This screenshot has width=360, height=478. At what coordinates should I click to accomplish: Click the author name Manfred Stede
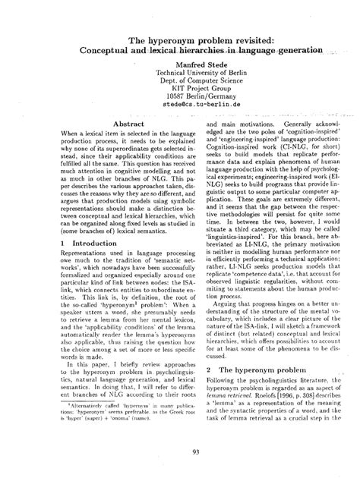[x=180, y=67]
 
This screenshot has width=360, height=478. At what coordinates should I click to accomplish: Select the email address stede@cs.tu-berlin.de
[x=180, y=109]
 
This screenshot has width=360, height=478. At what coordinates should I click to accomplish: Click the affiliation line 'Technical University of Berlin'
[x=180, y=77]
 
